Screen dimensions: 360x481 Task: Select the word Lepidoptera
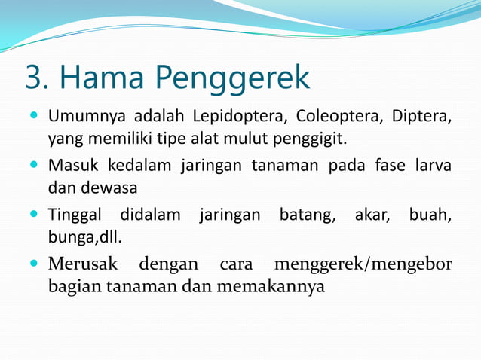[x=239, y=118]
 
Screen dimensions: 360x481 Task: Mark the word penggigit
[x=310, y=139]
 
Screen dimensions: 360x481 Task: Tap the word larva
[x=432, y=165]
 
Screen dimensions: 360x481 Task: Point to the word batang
[x=308, y=216]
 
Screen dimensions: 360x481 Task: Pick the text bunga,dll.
[x=84, y=236]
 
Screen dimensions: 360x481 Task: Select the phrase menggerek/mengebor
[x=363, y=265]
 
